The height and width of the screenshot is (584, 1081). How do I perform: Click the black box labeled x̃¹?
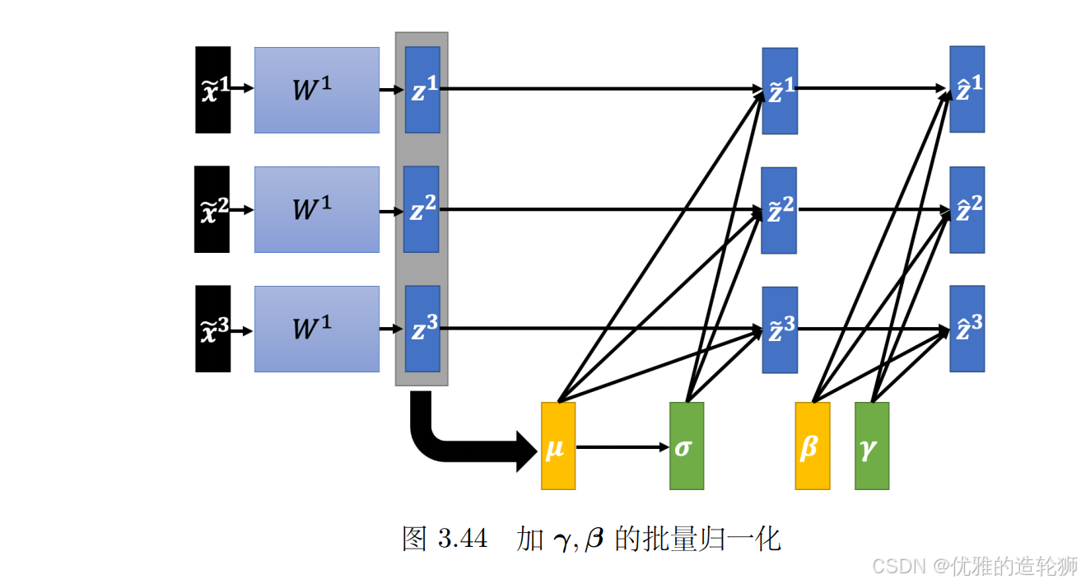point(212,90)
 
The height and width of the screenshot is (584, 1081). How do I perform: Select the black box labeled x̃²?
point(212,209)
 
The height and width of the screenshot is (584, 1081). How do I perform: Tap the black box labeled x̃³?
point(212,329)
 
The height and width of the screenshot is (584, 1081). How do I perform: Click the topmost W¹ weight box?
point(317,90)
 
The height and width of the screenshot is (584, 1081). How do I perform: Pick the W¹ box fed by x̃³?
point(317,329)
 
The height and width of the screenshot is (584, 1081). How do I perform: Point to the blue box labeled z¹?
point(422,90)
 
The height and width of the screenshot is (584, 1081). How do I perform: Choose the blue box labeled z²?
point(422,209)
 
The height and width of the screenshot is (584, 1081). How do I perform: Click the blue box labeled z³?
point(422,329)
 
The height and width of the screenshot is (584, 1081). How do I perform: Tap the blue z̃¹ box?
point(780,91)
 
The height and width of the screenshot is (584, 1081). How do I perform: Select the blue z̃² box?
point(779,210)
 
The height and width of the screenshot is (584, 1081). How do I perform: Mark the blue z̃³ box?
point(780,329)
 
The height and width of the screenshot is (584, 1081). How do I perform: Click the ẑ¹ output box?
point(967,89)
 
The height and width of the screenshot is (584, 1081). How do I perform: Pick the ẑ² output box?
point(967,209)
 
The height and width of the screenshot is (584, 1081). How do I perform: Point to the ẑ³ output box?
point(967,329)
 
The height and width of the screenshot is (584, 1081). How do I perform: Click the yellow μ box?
point(558,446)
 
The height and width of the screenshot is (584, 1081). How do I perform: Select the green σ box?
point(687,446)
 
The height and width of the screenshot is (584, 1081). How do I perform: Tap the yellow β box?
point(813,446)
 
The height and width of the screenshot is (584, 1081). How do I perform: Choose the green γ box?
point(872,446)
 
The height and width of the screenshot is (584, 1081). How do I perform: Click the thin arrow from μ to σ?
point(622,447)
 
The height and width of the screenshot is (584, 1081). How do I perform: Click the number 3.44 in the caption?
point(463,539)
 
